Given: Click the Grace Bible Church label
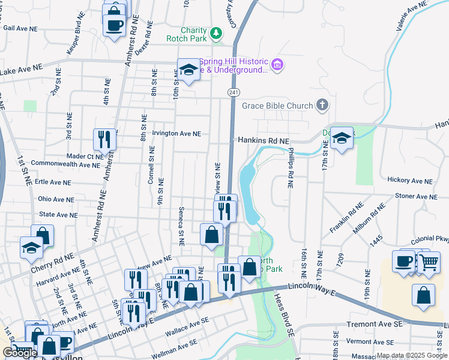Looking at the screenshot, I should coord(277,106).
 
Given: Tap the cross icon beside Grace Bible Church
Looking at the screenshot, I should coord(322,106).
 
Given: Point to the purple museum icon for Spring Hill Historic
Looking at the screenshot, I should coord(277,64).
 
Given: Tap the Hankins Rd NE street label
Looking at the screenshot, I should coord(264,140).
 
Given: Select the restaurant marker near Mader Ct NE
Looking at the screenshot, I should coord(105,140).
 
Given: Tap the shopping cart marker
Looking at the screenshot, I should coord(428,262).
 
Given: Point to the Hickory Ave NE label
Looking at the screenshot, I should coord(409,181).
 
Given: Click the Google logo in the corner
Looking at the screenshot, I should coord(19,353).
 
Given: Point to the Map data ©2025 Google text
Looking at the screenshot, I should coord(411,355).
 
